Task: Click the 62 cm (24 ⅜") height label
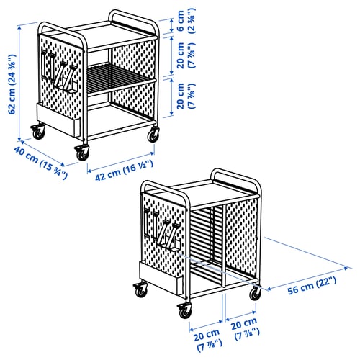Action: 12,84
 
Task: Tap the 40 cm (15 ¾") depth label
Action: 40,163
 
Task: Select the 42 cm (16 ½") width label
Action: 124,171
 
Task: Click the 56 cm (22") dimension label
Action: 312,286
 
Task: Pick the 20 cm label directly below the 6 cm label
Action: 186,55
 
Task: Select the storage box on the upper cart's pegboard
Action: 58,120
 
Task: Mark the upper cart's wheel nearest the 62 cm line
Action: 38,132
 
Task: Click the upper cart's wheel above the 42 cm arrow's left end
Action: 82,153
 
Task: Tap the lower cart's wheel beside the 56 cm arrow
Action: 256,293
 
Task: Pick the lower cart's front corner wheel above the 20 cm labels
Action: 185,310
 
